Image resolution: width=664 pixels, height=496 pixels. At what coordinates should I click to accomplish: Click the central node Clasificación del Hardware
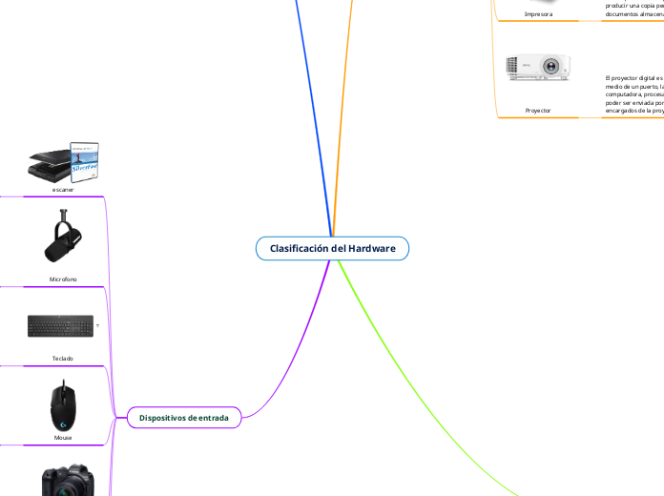(332, 248)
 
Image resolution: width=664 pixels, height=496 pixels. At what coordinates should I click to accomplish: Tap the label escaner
(63, 190)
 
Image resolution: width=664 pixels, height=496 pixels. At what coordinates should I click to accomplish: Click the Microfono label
(63, 279)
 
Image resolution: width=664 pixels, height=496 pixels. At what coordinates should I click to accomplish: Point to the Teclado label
(63, 359)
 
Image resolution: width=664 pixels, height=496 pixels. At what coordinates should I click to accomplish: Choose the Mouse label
(63, 438)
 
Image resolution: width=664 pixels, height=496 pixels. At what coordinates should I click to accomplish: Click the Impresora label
(538, 14)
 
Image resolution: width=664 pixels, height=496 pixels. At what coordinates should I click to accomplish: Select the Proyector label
(538, 111)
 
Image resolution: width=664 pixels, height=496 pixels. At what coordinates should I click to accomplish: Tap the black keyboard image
(61, 326)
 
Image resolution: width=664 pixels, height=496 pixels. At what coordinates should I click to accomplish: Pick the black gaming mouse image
(63, 405)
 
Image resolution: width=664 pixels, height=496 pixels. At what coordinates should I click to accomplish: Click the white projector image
(539, 67)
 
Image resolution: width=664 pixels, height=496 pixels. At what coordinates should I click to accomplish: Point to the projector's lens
(552, 68)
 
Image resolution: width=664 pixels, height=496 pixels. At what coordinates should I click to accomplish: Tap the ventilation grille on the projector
(525, 68)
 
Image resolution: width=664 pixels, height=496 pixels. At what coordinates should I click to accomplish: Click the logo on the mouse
(63, 416)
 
